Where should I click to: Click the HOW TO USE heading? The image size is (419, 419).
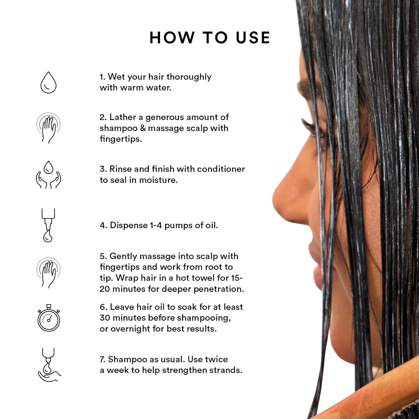click(x=210, y=38)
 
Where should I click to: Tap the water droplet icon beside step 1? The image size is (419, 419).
click(x=48, y=83)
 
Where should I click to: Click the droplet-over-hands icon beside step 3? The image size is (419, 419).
click(x=48, y=175)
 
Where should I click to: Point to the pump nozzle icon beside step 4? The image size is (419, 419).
click(x=48, y=225)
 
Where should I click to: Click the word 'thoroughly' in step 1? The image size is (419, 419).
click(x=189, y=77)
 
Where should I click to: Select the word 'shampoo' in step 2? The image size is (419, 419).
click(x=119, y=128)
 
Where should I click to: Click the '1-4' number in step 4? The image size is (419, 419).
click(x=156, y=225)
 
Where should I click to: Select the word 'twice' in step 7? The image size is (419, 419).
click(x=216, y=359)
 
